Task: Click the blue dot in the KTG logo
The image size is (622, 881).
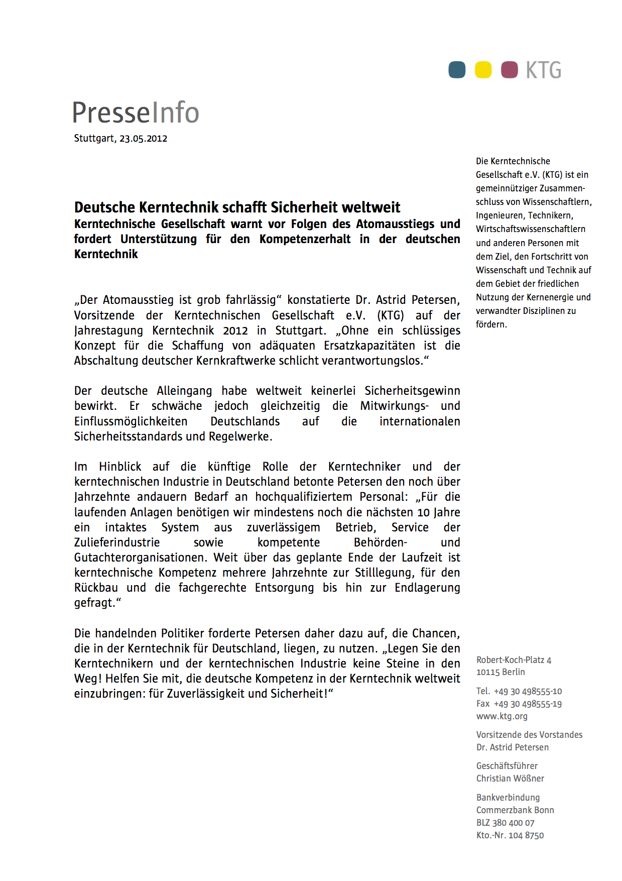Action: [457, 70]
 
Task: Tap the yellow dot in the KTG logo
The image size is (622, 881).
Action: [483, 70]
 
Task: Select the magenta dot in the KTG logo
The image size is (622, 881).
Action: [510, 70]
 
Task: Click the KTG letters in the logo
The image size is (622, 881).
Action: [544, 70]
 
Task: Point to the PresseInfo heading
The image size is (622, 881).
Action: [136, 113]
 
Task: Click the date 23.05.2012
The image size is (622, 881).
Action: [143, 139]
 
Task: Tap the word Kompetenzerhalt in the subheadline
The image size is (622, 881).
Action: [305, 239]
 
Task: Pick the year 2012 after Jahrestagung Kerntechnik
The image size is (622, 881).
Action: [235, 331]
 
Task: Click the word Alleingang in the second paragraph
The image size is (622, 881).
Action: [184, 391]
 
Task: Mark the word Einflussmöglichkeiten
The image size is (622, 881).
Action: [131, 421]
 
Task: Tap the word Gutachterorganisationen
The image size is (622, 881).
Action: [141, 558]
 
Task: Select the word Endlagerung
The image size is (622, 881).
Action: [427, 588]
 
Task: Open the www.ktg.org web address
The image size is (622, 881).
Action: [502, 716]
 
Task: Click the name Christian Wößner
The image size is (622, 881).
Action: [510, 779]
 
